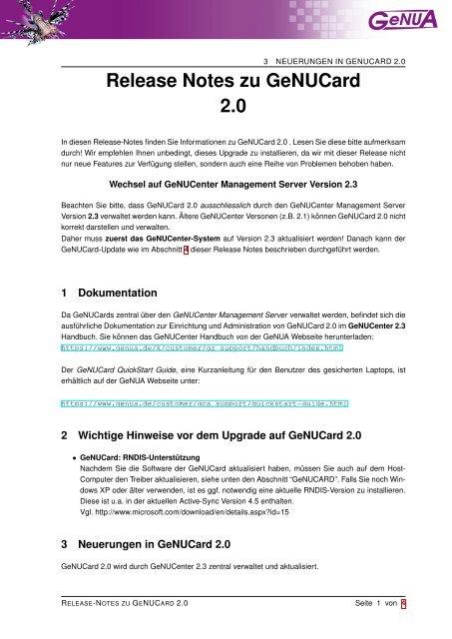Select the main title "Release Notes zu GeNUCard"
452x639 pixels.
tap(225, 80)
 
